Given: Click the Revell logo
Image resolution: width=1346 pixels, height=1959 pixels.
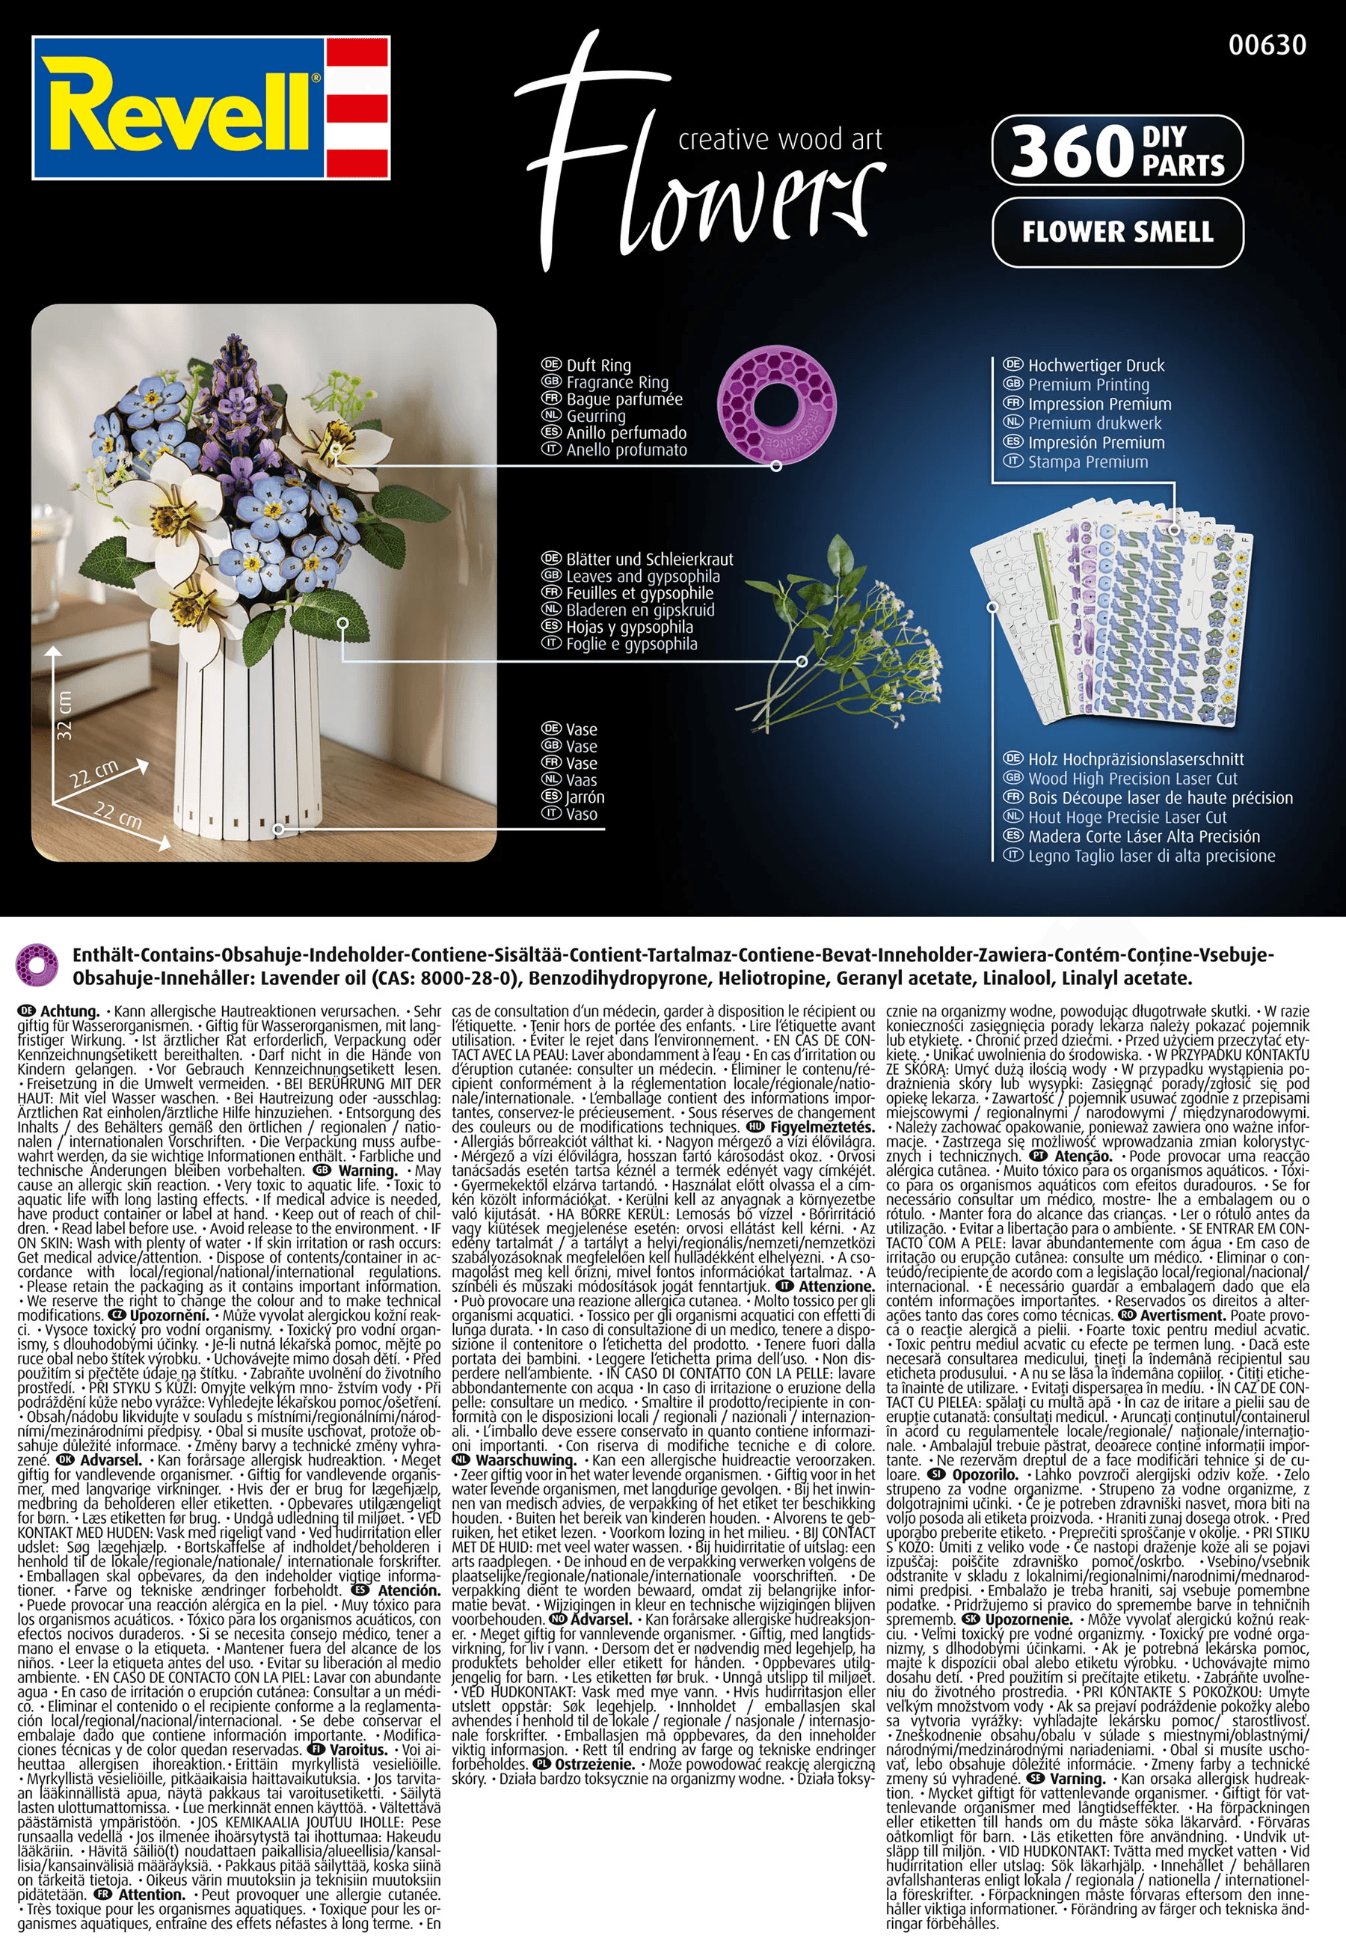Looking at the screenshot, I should [211, 107].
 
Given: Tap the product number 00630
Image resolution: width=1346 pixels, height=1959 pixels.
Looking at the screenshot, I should [1267, 45].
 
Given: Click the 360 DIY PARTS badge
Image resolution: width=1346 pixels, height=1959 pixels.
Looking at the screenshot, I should [1116, 150].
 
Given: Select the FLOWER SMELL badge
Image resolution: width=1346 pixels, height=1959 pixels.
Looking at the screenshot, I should [1116, 232].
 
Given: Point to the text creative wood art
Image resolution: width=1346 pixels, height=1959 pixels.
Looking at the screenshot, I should [780, 139].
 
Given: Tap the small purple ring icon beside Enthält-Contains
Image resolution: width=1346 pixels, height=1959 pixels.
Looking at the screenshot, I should [38, 965].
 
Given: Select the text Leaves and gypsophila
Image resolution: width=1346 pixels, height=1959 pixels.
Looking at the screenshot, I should [642, 576].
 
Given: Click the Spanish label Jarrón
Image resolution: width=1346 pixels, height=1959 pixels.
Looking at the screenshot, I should [585, 797].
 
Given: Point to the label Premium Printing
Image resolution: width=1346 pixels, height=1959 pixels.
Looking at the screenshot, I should [1088, 384].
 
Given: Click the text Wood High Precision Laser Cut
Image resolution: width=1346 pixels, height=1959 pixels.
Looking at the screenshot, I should [1132, 779].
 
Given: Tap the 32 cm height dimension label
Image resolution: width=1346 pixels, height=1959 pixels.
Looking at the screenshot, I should [65, 715].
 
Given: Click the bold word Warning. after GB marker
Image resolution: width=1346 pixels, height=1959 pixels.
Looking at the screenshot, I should [367, 1171].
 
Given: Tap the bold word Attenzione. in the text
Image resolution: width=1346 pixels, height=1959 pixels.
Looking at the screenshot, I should [837, 1287].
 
